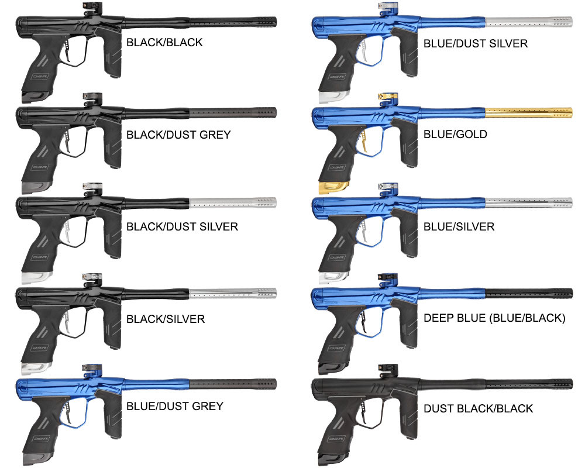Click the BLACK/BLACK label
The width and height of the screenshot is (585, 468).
pos(164,42)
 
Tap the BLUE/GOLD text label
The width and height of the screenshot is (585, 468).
pos(455,134)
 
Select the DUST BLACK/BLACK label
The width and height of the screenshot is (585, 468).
pos(479,408)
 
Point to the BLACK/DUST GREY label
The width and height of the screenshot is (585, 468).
pos(178,135)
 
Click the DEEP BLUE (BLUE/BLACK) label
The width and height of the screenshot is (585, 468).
pos(495,318)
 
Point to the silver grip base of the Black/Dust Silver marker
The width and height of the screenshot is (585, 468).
pos(36,278)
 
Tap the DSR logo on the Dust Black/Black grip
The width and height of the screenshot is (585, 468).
pos(336,439)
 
